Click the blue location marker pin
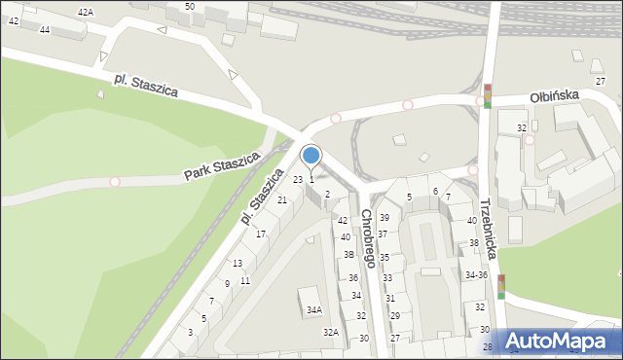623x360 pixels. pos(311,156)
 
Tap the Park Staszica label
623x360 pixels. pos(223,165)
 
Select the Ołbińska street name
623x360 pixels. pos(555,95)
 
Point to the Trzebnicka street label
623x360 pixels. pos(488,229)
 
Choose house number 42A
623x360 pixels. pos(86,12)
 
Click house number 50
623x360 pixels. pos(189,7)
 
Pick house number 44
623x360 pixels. pos(45,30)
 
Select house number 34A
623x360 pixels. pos(313,310)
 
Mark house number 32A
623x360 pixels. pos(331,333)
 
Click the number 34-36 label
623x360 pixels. pos(475,275)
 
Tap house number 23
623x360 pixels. pos(298,179)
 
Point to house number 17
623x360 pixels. pos(261,234)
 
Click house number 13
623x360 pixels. pos(238,264)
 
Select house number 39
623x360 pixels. pos(385,218)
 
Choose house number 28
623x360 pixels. pos(488,346)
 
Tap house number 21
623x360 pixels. pos(282,199)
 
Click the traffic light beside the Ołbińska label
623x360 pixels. pos(488,95)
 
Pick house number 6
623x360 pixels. pos(435,191)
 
